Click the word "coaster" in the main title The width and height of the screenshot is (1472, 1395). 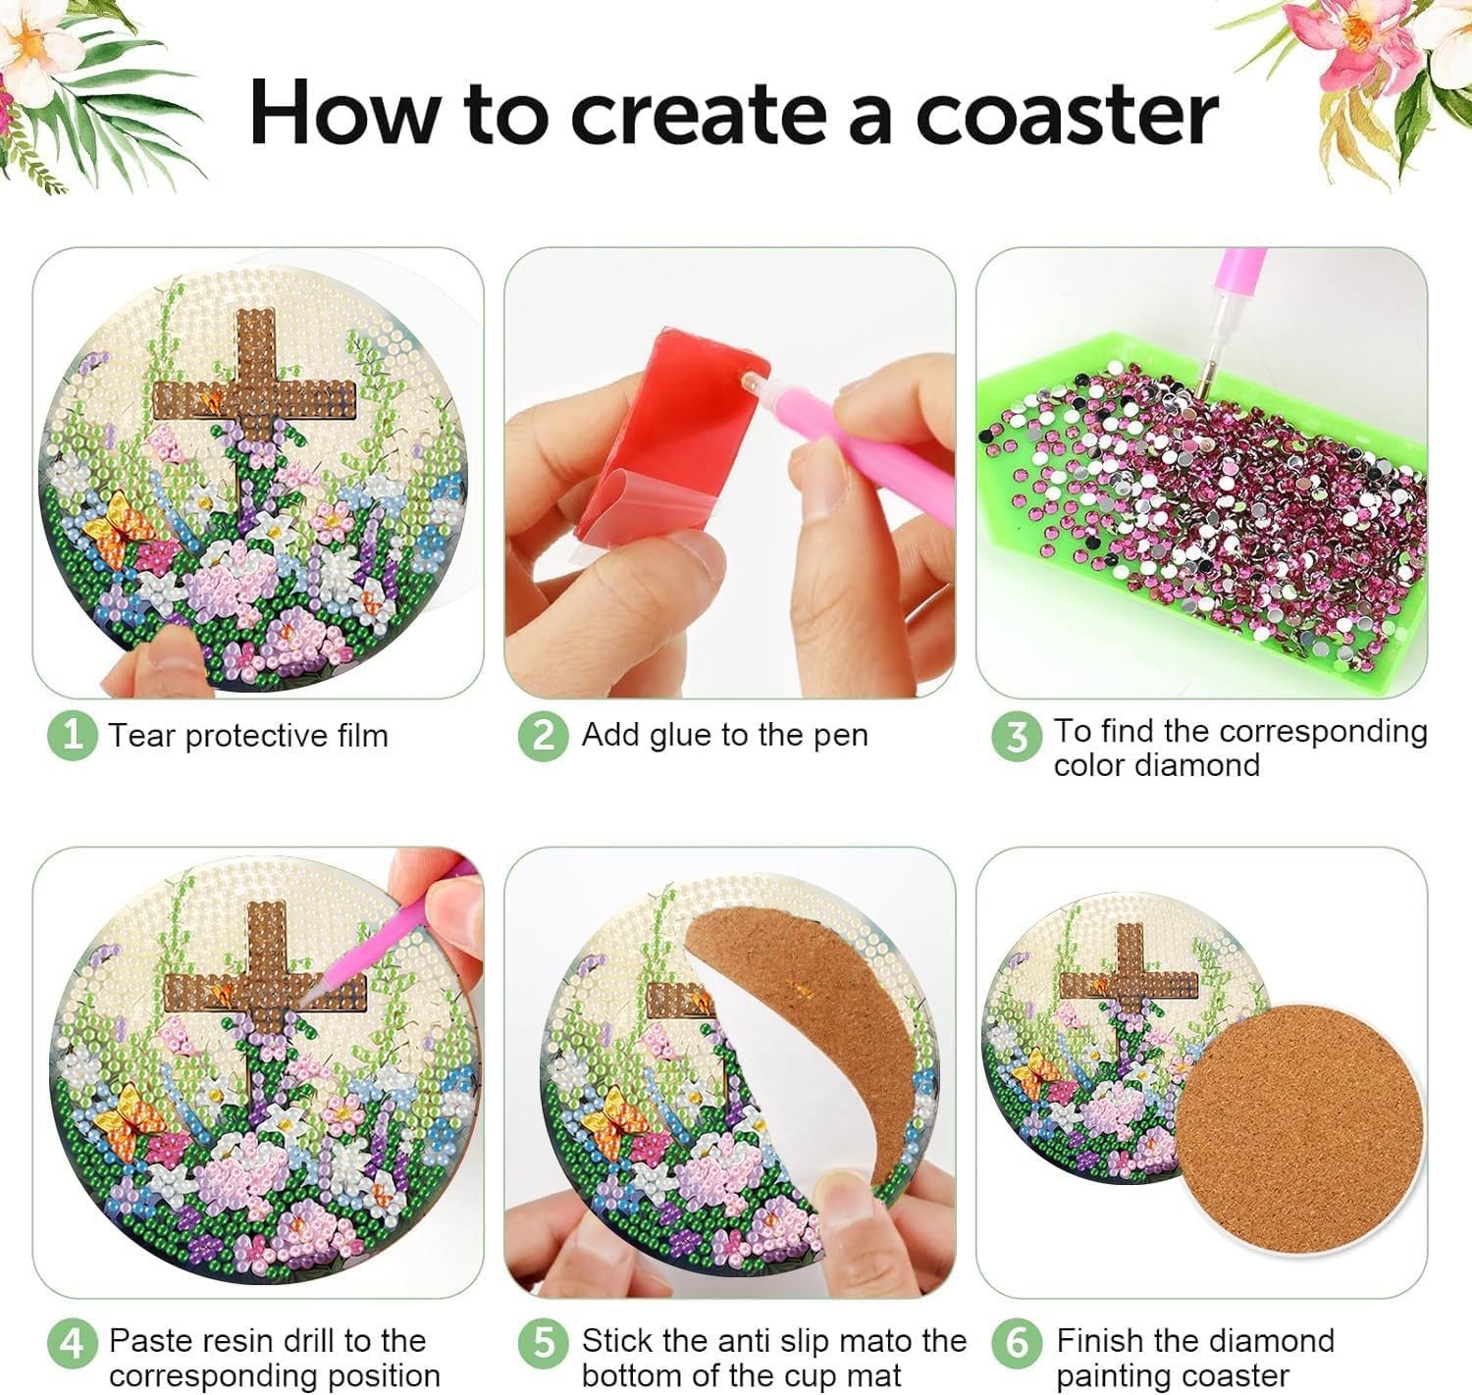click(x=1067, y=113)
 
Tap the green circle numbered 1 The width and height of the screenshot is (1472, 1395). click(x=72, y=735)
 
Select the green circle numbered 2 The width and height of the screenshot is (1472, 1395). click(x=543, y=735)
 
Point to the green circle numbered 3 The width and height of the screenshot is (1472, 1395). click(x=1016, y=737)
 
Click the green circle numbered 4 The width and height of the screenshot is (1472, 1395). click(x=72, y=1342)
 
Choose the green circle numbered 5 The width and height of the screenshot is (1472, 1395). click(x=543, y=1342)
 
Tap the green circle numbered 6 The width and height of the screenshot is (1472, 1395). click(x=1016, y=1342)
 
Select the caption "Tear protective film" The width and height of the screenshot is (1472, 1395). click(x=248, y=735)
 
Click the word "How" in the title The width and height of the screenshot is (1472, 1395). click(x=343, y=113)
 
